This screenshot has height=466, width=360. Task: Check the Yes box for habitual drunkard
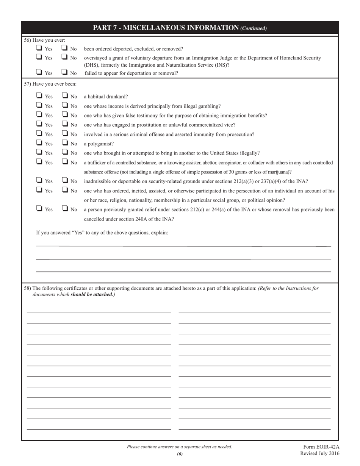point(39,96)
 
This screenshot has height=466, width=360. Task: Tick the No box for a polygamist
point(64,143)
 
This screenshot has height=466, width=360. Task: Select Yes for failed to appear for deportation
point(39,72)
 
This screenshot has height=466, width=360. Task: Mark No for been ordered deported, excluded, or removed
point(64,48)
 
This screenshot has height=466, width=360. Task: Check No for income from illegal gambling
point(64,106)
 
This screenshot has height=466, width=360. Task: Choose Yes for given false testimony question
point(39,115)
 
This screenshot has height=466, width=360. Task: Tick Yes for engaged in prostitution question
point(39,124)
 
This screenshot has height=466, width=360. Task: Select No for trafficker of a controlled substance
point(64,162)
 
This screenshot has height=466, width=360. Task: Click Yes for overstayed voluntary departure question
point(39,58)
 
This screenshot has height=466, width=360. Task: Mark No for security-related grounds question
point(64,181)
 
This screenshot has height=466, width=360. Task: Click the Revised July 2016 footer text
point(319,453)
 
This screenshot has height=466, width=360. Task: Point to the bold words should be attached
point(92,294)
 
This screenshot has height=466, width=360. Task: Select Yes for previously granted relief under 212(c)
point(39,209)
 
